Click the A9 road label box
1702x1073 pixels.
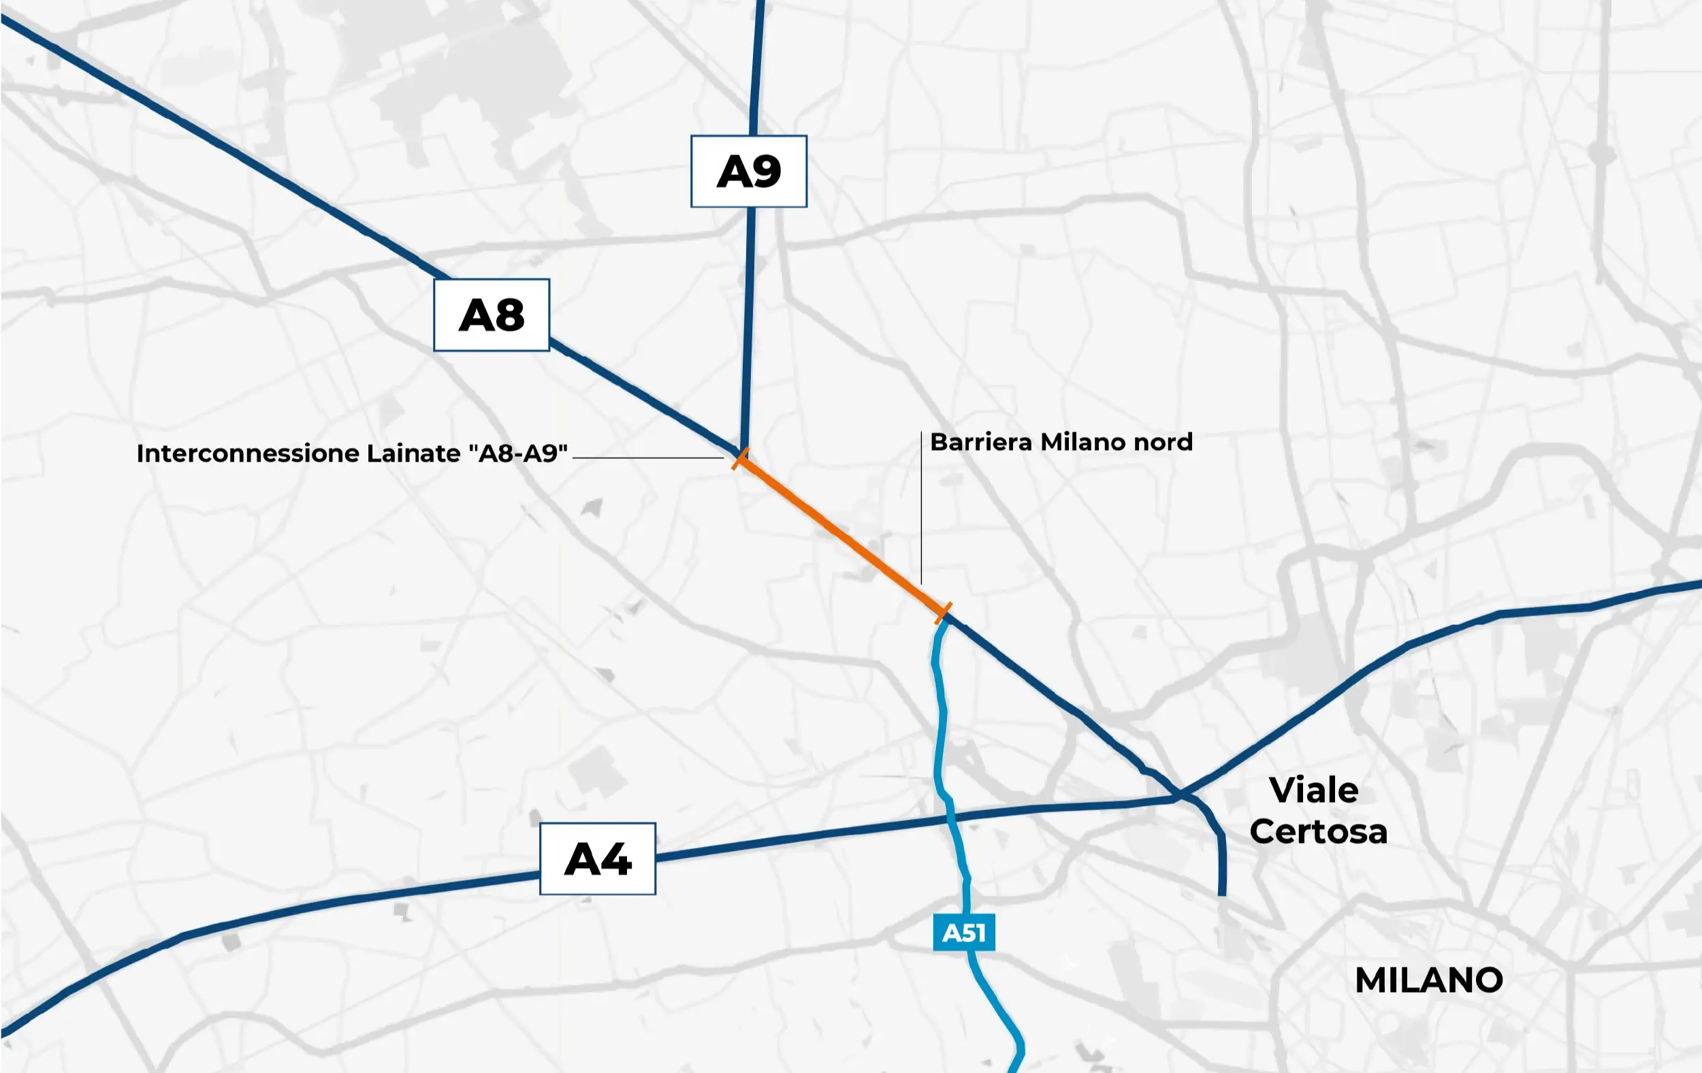[x=748, y=172]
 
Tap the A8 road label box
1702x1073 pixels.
[x=492, y=315]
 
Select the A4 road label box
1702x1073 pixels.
[x=597, y=859]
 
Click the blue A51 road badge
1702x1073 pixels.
[x=963, y=933]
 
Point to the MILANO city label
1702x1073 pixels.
[x=1428, y=980]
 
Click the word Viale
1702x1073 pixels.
[x=1313, y=790]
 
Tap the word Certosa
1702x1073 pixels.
[x=1318, y=832]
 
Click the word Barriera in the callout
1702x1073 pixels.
[x=980, y=443]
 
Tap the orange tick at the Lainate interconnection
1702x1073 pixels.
[x=740, y=459]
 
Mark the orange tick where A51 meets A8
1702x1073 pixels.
[x=943, y=612]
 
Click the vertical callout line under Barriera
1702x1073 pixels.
[x=921, y=509]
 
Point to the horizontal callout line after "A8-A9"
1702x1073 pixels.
[x=647, y=458]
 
